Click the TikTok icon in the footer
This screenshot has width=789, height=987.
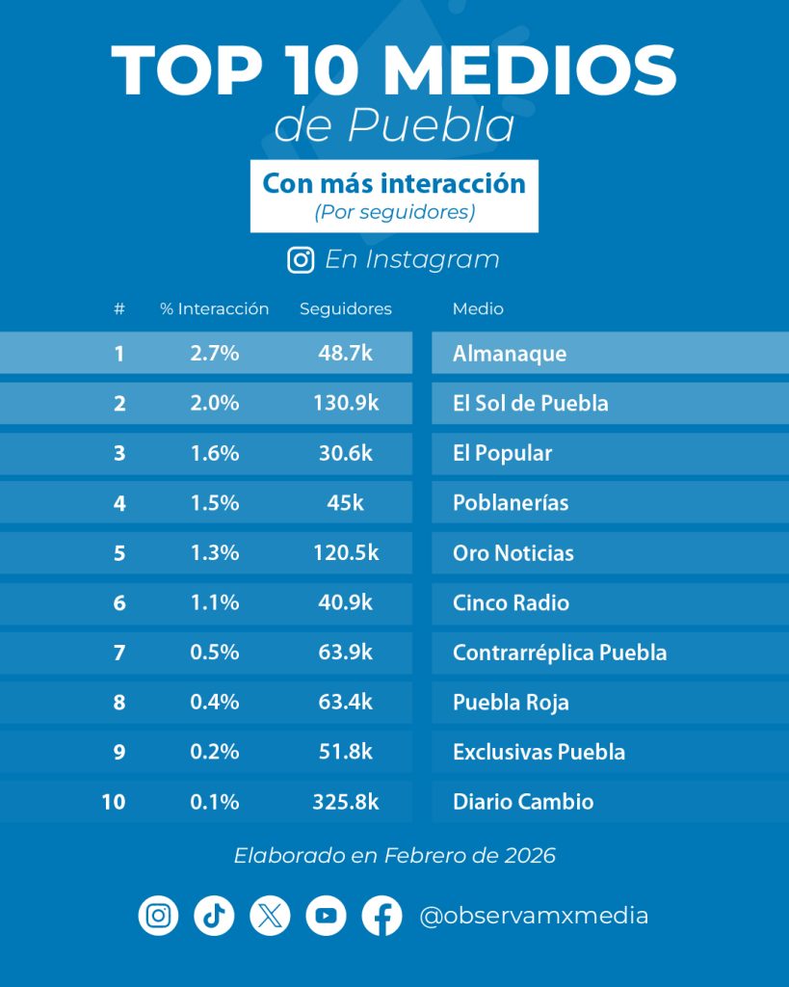(x=214, y=915)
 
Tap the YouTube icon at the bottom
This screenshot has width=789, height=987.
(x=326, y=915)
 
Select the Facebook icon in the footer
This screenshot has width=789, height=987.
(x=381, y=915)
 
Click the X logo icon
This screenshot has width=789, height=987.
(x=270, y=915)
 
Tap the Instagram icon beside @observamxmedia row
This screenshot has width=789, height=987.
(x=158, y=915)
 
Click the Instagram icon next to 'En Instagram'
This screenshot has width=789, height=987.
(x=301, y=259)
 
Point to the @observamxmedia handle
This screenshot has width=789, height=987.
(x=534, y=915)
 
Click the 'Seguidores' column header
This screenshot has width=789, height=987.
(x=346, y=309)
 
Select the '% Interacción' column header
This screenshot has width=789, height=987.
(x=214, y=309)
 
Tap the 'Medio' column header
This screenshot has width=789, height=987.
(x=478, y=309)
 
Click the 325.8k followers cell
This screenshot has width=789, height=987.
(x=346, y=802)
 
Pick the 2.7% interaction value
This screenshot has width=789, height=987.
(x=214, y=354)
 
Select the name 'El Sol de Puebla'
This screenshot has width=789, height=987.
(x=530, y=404)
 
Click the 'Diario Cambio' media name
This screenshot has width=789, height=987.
(x=523, y=802)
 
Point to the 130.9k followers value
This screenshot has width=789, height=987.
(x=346, y=404)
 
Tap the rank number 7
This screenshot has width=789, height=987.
(x=119, y=653)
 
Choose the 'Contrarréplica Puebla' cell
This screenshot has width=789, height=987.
(x=560, y=653)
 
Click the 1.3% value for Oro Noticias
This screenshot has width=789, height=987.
(x=214, y=553)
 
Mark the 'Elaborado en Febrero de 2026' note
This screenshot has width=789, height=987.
(x=394, y=856)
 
